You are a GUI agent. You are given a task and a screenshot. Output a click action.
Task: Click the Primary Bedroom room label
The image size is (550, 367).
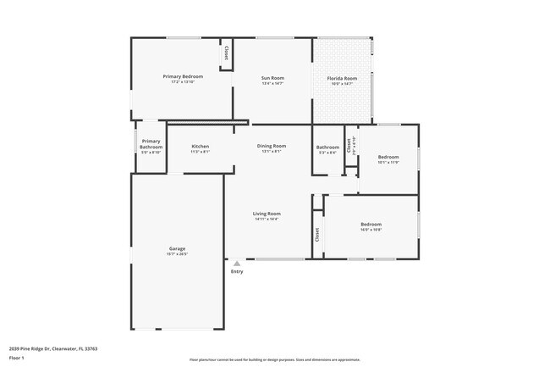(183, 76)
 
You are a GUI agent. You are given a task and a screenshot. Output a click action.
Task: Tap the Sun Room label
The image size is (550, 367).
(272, 78)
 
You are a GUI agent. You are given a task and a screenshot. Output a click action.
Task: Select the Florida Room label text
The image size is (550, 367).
(343, 79)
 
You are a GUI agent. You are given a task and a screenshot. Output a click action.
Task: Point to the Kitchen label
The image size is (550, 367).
(200, 147)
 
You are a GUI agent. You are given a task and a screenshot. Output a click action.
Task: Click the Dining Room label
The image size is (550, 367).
(272, 146)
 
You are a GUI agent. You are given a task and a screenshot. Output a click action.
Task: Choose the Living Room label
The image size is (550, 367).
(267, 214)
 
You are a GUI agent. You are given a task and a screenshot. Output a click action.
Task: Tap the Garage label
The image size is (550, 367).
(177, 248)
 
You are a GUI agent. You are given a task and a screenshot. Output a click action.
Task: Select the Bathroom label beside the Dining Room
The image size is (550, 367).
(327, 147)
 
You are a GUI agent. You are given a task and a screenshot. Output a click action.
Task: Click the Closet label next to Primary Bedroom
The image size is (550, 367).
(226, 53)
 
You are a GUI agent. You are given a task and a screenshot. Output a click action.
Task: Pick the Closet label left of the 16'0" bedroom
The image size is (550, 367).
(317, 235)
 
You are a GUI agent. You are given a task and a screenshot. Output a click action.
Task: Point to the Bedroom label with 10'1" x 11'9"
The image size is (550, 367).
(388, 157)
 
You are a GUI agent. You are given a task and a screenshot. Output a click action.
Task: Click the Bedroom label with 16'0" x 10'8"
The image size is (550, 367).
(371, 224)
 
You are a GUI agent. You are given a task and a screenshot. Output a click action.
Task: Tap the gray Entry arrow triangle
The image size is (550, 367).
(237, 264)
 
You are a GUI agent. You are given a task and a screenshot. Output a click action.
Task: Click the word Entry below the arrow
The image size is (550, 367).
(237, 271)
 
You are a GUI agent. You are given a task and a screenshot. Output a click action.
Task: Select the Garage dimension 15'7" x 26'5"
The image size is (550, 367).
(177, 254)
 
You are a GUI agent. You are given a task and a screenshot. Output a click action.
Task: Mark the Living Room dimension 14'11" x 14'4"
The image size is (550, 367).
(267, 220)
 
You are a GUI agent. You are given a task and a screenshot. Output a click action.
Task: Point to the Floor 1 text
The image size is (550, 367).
(18, 357)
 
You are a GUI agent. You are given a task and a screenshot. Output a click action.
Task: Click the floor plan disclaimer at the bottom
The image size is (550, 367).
(274, 360)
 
